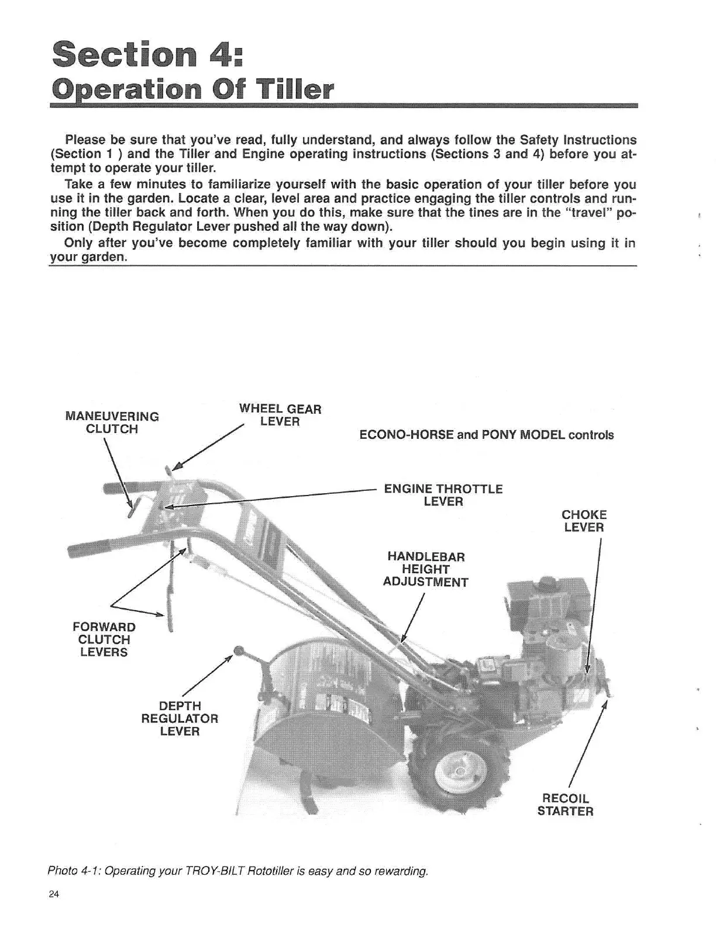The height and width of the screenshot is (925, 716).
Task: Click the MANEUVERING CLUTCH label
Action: coord(112,422)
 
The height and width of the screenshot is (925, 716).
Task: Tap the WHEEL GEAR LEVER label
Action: coord(280,415)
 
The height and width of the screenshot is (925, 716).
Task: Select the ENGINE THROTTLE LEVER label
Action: coord(443,495)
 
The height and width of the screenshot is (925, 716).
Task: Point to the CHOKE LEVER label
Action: coord(584,521)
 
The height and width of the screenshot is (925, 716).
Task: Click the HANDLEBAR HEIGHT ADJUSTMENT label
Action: coord(426,569)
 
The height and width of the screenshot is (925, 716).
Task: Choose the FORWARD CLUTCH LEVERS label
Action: coord(104,639)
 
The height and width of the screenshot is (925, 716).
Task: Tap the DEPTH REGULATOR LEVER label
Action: coord(180,719)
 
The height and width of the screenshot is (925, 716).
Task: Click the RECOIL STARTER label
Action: coord(565,805)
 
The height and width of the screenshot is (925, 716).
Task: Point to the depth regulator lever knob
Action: coord(237,651)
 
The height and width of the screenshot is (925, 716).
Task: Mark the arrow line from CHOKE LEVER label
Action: coord(594,608)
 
